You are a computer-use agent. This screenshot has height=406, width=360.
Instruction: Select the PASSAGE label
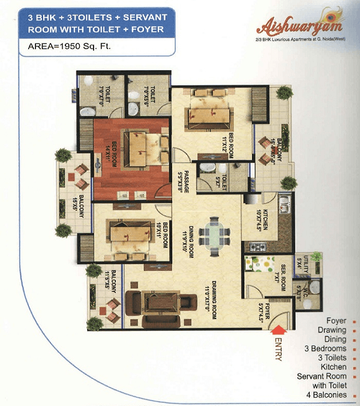[187, 181]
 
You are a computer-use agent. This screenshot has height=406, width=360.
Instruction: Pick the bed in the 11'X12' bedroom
[206, 114]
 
